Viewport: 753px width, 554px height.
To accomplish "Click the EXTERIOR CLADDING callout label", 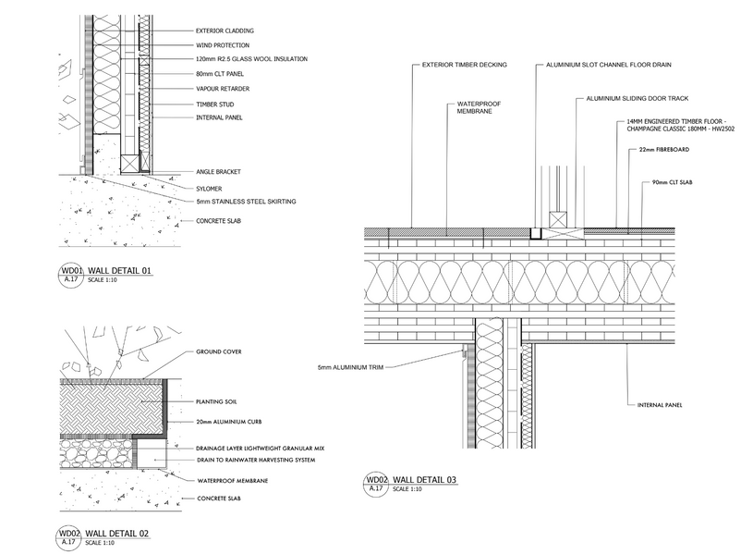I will click(x=225, y=31).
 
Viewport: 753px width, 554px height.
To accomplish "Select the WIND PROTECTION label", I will click(x=222, y=44).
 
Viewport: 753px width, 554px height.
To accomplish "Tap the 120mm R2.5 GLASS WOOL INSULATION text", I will click(x=251, y=59).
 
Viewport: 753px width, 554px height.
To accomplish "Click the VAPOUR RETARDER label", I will click(x=223, y=89).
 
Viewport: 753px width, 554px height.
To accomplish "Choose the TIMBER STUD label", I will click(x=215, y=104).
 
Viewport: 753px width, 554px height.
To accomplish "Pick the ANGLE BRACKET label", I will click(x=220, y=172).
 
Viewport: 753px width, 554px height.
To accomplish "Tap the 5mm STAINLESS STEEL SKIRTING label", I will click(x=246, y=202).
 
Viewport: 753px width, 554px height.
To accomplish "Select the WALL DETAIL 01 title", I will click(x=119, y=270).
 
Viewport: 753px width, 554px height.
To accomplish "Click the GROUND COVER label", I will click(x=219, y=352).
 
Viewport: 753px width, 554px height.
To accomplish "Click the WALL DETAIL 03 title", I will click(x=424, y=479).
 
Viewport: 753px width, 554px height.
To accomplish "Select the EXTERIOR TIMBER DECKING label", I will click(x=465, y=66).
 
